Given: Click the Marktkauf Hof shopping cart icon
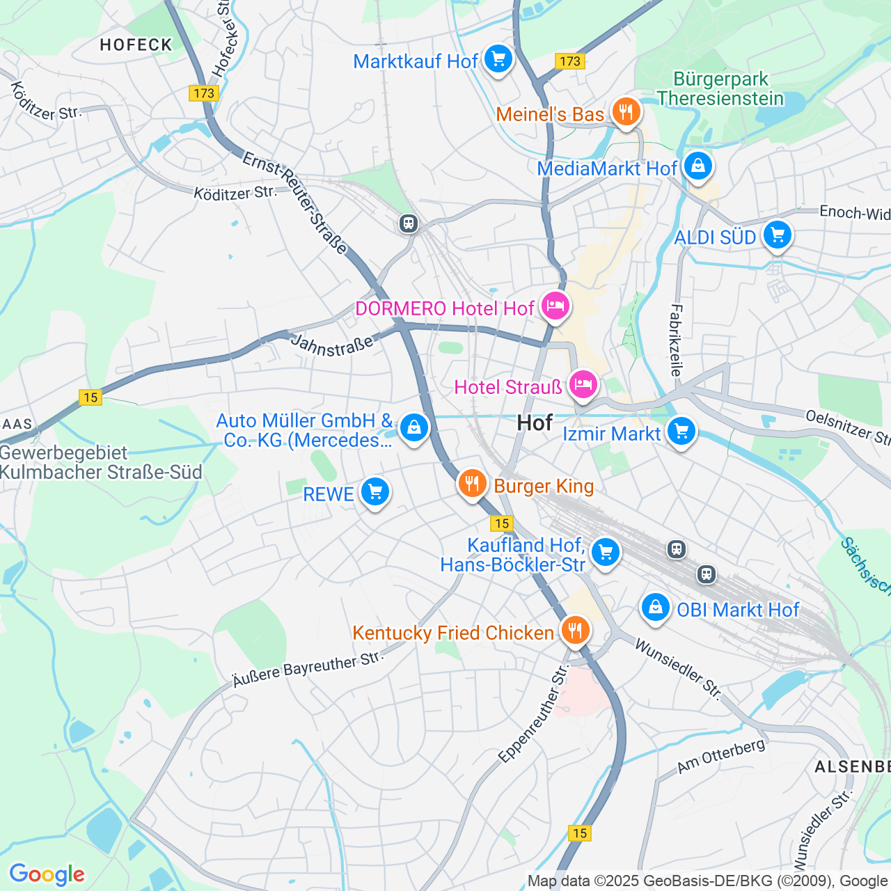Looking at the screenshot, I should [498, 59].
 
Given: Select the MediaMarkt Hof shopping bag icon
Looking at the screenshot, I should [697, 167].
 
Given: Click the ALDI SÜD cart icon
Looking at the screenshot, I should [777, 235].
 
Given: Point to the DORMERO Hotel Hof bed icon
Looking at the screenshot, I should [555, 306].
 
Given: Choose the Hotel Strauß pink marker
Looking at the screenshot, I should [583, 385].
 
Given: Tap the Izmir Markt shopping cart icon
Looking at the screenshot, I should [681, 432].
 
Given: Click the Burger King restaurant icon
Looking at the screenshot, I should [472, 484].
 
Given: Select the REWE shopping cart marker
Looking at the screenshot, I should [374, 493].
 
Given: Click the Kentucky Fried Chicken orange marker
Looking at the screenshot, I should [574, 631].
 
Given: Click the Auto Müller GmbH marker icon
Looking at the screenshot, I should [413, 428].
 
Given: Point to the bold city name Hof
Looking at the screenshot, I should [535, 423].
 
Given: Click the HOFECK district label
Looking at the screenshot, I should [136, 45].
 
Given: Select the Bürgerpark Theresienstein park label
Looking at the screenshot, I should [720, 88].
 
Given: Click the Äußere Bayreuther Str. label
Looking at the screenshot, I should [308, 669].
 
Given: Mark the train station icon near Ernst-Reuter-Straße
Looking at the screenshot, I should [409, 223].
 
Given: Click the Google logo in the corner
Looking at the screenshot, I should [47, 874].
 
